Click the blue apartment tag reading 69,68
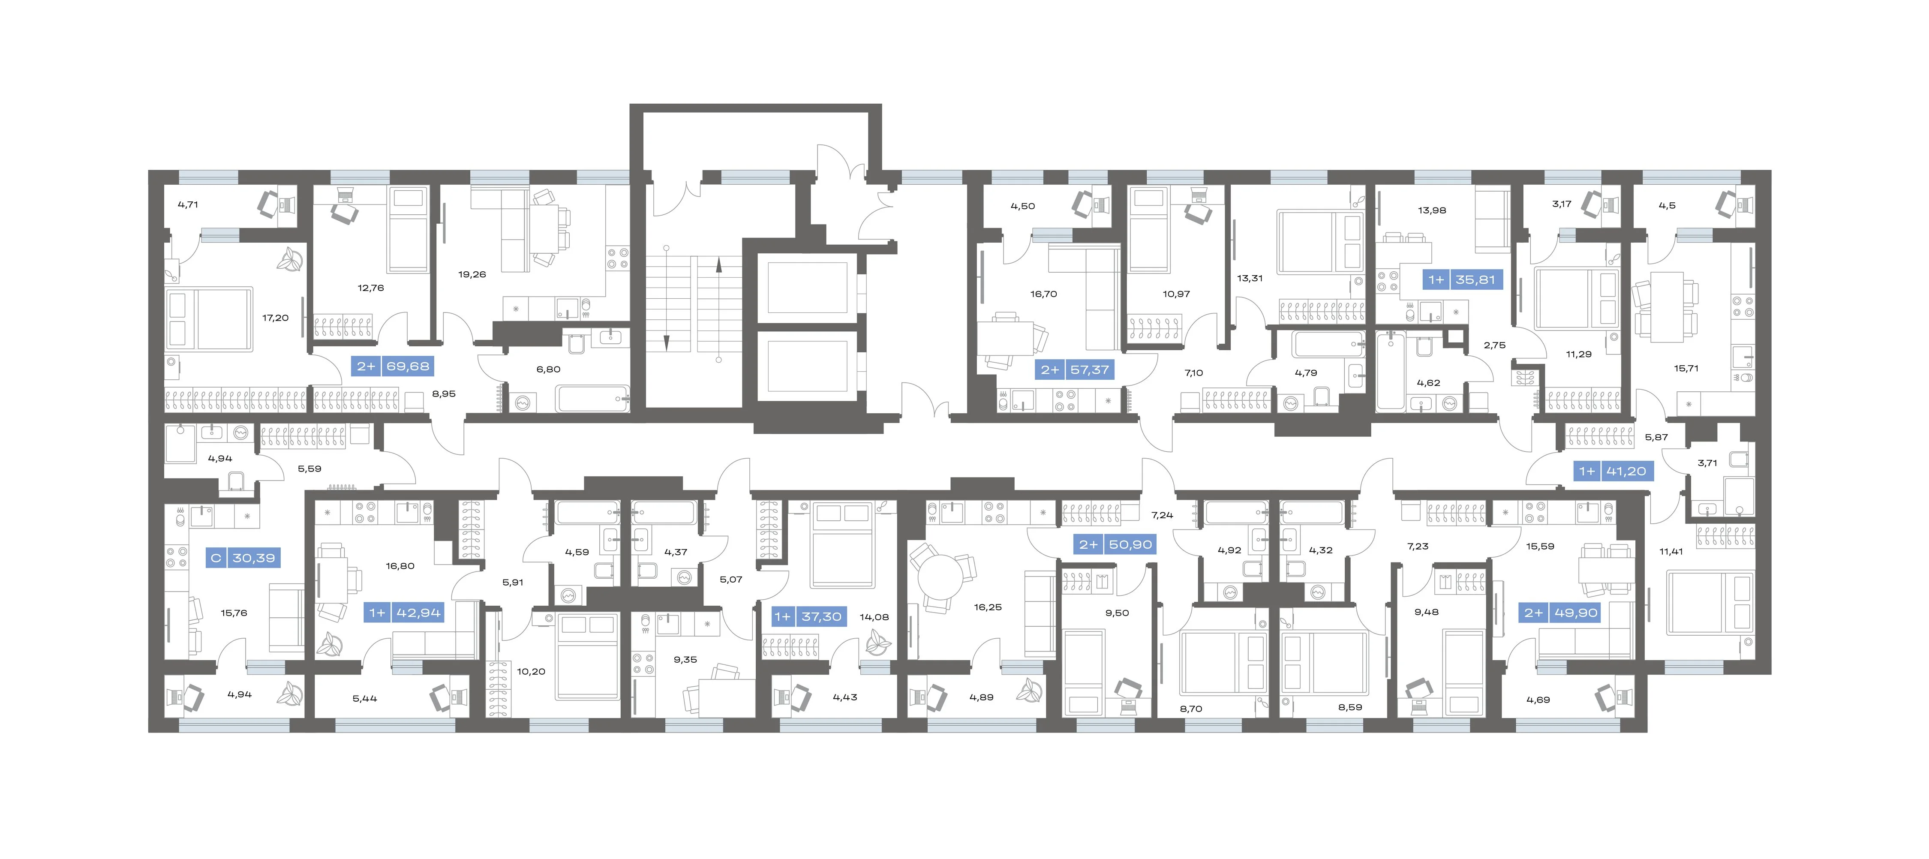392,366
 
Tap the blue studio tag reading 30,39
243,558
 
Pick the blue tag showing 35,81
1462,280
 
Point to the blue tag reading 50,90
1116,544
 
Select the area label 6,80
548,369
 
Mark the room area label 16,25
988,607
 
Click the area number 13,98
1432,210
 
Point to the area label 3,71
1707,463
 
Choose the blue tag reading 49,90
1561,613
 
